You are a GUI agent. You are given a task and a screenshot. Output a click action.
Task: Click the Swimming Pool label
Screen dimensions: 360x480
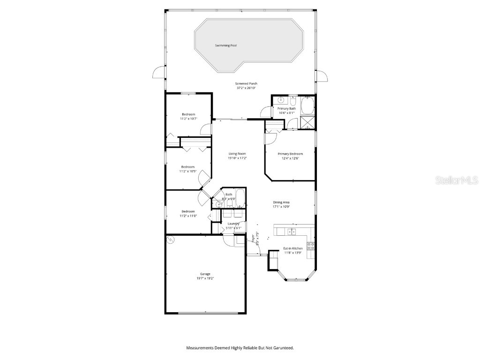point(226,45)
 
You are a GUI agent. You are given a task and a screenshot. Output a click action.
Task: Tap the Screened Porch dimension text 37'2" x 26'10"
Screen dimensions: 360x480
point(246,88)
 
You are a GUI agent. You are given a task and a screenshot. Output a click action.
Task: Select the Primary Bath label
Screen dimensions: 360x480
point(286,108)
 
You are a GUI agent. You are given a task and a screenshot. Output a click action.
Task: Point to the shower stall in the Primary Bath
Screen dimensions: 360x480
point(307,123)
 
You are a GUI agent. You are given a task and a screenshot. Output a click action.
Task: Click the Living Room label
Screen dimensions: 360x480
point(237,154)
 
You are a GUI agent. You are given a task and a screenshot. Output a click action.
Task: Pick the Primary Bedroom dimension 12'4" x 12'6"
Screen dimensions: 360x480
point(290,158)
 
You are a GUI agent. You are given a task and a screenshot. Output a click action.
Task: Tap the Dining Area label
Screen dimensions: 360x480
point(281,202)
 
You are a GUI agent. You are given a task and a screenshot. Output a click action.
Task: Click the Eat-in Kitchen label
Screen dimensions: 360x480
point(292,248)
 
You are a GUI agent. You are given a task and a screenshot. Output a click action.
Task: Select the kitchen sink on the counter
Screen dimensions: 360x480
point(292,232)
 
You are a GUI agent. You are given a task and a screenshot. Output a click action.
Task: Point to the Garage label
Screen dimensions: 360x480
point(205,274)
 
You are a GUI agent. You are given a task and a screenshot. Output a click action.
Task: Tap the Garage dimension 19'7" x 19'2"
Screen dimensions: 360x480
point(205,278)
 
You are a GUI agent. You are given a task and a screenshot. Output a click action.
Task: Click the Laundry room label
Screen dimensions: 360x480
point(233,224)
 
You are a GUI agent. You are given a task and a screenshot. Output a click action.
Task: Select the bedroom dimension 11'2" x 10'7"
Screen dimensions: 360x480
point(188,119)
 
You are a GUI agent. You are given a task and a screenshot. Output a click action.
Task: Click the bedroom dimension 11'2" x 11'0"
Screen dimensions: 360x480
point(188,216)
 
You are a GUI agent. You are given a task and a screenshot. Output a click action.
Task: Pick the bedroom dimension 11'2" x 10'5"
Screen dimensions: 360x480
point(188,172)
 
